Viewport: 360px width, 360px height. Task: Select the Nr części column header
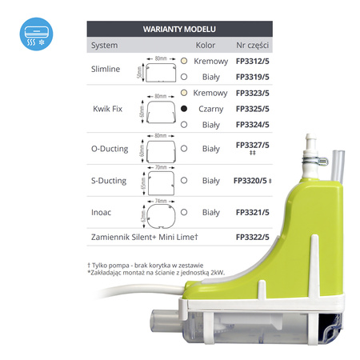pyautogui.click(x=253, y=45)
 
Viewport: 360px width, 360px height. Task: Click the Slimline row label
pyautogui.click(x=106, y=69)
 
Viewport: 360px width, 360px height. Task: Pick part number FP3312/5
pyautogui.click(x=253, y=61)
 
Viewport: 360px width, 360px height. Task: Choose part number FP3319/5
pyautogui.click(x=253, y=77)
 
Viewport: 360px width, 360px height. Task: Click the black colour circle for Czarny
pyautogui.click(x=184, y=108)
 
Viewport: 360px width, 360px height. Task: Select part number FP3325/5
pyautogui.click(x=253, y=108)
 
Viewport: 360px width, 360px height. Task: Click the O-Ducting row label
pyautogui.click(x=109, y=148)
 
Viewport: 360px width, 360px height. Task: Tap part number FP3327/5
pyautogui.click(x=253, y=145)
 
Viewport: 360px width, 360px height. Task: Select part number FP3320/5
pyautogui.click(x=250, y=181)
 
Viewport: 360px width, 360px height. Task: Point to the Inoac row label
pyautogui.click(x=102, y=213)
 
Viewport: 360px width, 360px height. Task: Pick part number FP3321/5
pyautogui.click(x=253, y=213)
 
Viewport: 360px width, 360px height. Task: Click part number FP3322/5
pyautogui.click(x=253, y=238)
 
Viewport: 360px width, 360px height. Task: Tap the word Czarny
pyautogui.click(x=211, y=108)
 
